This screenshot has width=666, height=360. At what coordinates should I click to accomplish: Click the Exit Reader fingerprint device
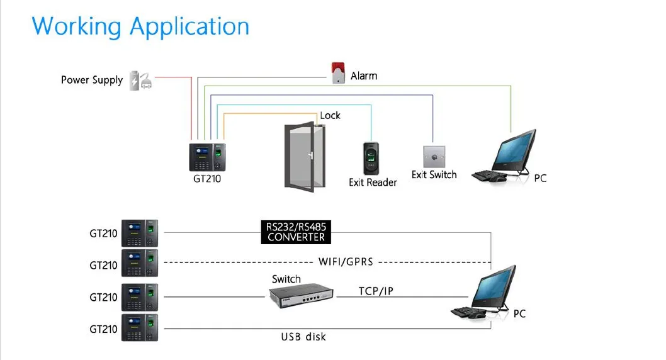pyautogui.click(x=372, y=159)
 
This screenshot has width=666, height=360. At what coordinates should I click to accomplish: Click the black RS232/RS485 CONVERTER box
pyautogui.click(x=296, y=232)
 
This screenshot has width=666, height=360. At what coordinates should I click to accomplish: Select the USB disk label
pyautogui.click(x=303, y=337)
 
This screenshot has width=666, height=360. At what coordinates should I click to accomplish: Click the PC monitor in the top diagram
pyautogui.click(x=514, y=150)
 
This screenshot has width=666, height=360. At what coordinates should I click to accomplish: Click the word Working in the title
pyautogui.click(x=76, y=26)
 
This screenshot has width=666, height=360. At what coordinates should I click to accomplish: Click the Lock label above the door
pyautogui.click(x=330, y=115)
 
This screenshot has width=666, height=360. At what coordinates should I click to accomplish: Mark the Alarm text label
pyautogui.click(x=364, y=76)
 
